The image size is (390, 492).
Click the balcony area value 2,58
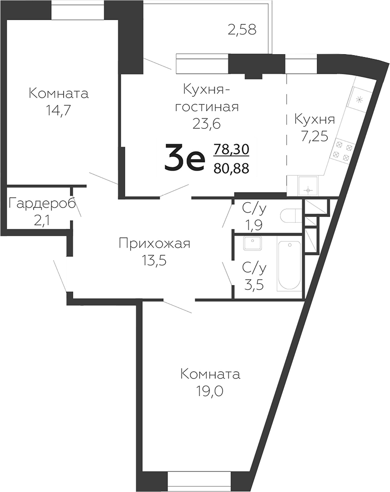(242, 30)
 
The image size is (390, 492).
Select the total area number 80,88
(232, 168)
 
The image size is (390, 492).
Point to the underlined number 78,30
(232, 149)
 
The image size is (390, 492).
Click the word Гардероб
(42, 204)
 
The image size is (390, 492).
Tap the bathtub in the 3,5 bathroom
(289, 266)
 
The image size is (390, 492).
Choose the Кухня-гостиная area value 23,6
(206, 124)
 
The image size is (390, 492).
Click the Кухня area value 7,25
(314, 137)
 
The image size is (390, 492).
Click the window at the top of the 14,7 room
(77, 10)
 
